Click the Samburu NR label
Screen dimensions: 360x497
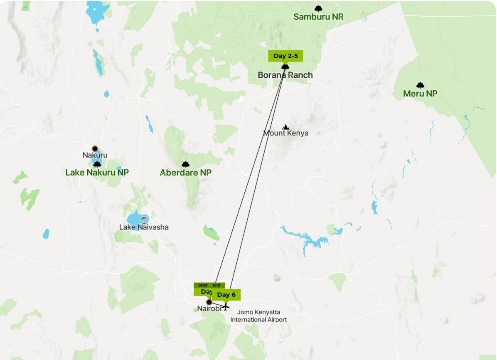[318, 17]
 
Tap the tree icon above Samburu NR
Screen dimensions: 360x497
[318, 8]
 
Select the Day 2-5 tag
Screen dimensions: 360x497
[285, 56]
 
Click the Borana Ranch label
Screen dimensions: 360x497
[285, 75]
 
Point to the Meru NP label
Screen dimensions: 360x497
[420, 94]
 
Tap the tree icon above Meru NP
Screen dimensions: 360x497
[420, 85]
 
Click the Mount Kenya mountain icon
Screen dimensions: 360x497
[285, 127]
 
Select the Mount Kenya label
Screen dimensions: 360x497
[286, 133]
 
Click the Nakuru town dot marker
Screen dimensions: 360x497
[95, 148]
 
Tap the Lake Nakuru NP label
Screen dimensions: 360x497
[97, 173]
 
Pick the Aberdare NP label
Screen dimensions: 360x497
[185, 173]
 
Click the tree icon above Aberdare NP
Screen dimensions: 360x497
[185, 165]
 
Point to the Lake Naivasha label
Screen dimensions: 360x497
[144, 227]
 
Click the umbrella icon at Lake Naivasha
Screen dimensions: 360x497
[144, 219]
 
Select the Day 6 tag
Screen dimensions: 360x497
[226, 295]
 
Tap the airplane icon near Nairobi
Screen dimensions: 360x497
[225, 307]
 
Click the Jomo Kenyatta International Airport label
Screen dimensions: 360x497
[258, 316]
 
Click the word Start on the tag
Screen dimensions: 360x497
[203, 286]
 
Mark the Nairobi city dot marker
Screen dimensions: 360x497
[209, 302]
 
